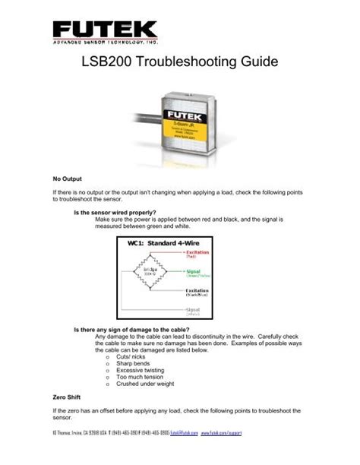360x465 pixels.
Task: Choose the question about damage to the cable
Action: click(125, 329)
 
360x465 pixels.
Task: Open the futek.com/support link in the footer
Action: click(289, 454)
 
